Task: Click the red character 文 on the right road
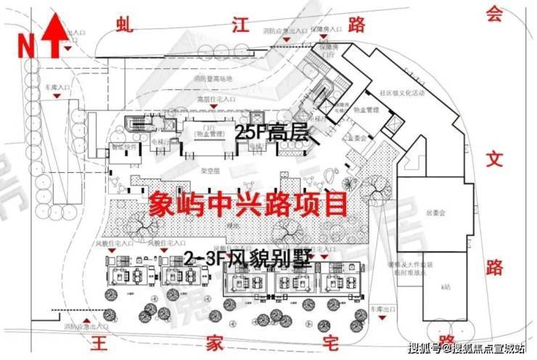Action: (x=494, y=160)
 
